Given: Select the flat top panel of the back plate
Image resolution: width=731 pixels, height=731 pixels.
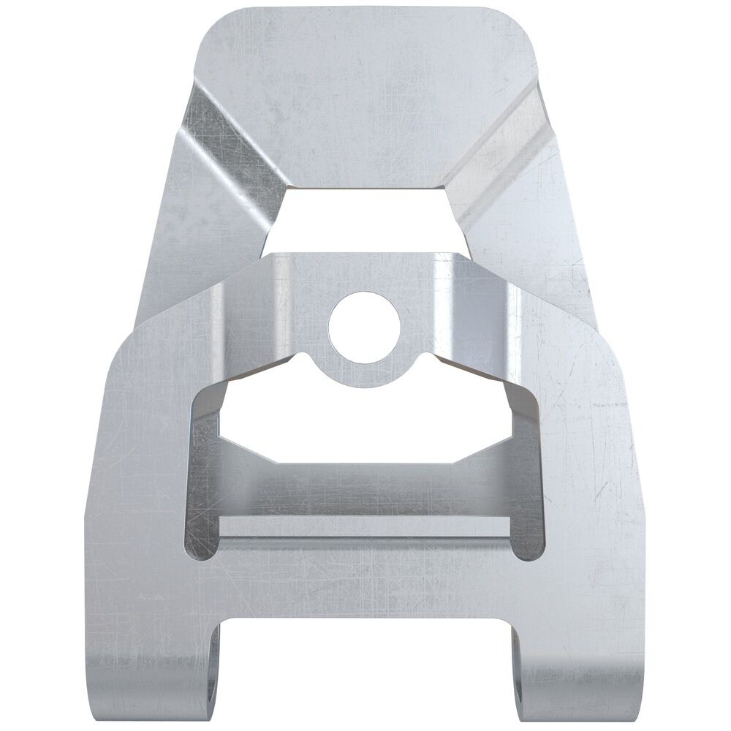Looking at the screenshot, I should point(365,95).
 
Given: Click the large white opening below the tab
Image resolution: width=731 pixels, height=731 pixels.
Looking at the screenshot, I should point(365,424).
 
